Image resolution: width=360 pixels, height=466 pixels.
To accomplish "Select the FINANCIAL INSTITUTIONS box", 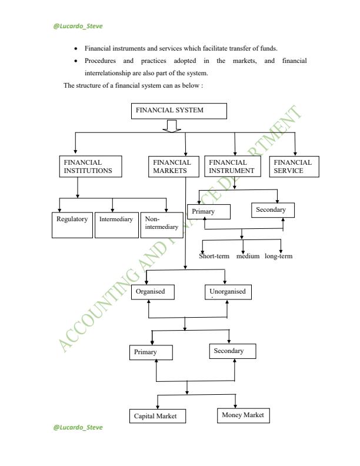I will pos(91,167).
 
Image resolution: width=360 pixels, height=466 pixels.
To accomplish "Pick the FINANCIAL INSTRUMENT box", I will pos(234,167).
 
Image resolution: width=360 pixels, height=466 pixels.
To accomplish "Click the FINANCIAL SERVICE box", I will pos(294,167).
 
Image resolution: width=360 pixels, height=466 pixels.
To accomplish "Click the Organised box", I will pos(151,292).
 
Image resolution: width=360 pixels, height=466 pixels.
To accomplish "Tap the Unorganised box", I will pos(229,292).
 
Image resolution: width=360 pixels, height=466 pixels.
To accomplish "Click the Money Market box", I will pos(242,415).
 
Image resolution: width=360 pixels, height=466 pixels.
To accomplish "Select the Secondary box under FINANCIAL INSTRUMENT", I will pos(272,210).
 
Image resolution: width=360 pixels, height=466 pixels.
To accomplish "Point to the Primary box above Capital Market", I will pos(151,352).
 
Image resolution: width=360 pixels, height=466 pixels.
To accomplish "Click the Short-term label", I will pos(214,256).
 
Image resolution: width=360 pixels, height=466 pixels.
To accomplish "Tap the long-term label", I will pos(279,256).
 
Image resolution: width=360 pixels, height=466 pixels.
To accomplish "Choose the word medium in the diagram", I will pos(248,256).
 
